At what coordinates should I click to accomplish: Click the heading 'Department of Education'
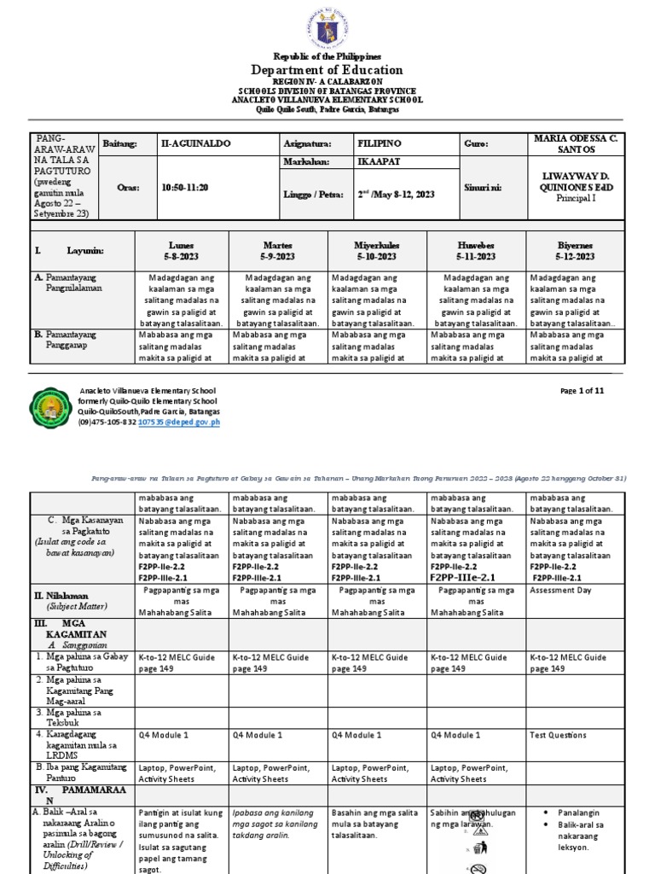pos(327,70)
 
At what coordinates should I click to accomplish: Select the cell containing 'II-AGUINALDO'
pos(194,144)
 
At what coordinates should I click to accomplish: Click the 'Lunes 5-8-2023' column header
pos(187,251)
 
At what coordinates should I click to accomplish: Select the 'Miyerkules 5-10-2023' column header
pos(376,251)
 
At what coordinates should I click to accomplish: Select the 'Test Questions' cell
pos(558,734)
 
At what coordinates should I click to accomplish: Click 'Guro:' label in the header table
pos(478,144)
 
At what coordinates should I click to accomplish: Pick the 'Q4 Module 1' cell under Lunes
pos(163,734)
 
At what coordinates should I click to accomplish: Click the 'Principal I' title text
pos(578,197)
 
